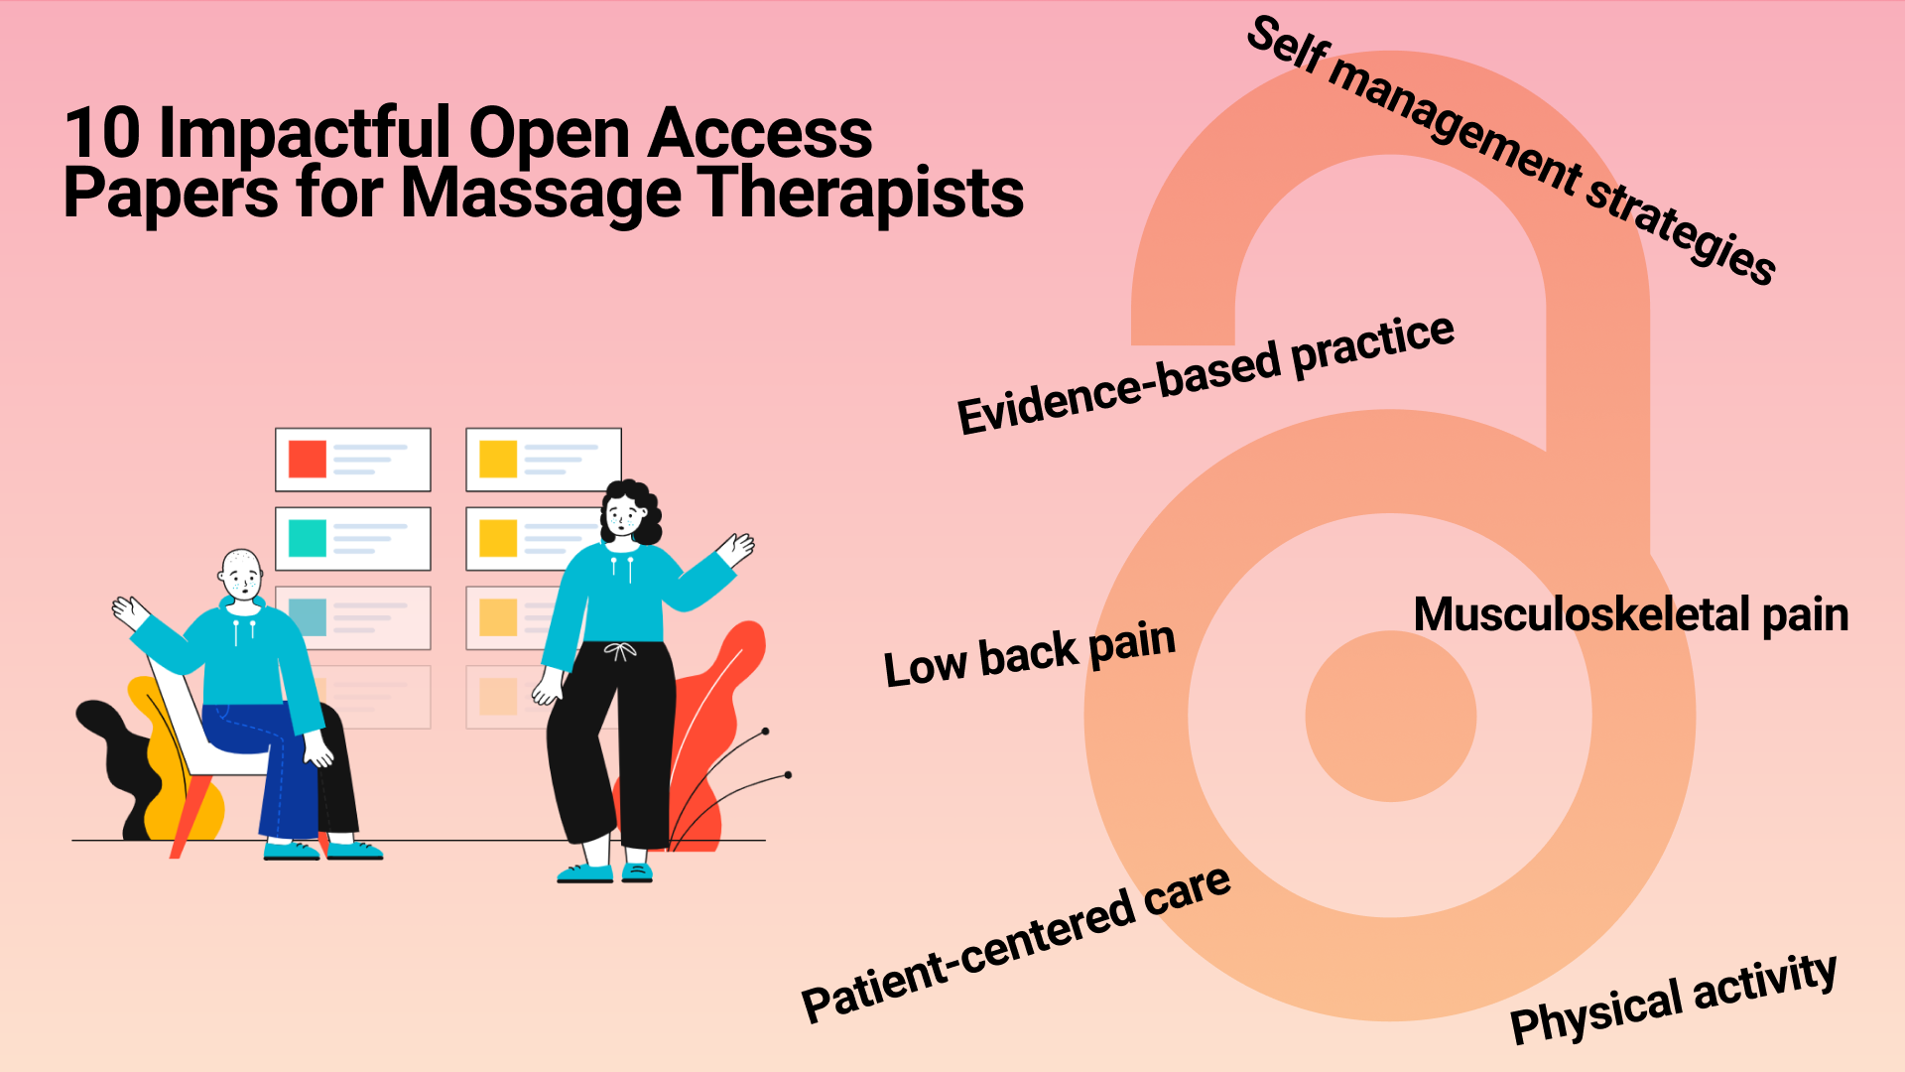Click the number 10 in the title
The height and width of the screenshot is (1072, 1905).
(102, 133)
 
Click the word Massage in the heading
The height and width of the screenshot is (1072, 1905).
(540, 193)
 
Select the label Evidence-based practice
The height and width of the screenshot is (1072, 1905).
(1206, 374)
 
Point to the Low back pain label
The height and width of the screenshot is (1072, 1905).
(1029, 653)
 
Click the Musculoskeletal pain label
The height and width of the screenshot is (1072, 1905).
(1630, 614)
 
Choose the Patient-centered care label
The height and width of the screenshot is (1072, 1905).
(1016, 944)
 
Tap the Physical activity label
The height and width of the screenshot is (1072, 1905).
(1673, 997)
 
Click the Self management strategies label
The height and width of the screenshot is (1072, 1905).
(1511, 149)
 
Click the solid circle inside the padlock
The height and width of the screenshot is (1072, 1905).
(1390, 716)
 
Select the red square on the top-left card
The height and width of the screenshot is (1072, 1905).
(308, 460)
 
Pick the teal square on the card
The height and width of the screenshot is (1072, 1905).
(308, 539)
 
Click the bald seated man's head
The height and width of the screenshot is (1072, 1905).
(241, 573)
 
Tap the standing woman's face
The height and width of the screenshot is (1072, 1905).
(623, 515)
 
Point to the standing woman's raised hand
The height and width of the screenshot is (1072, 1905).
(737, 548)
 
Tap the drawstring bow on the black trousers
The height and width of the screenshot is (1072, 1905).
(620, 652)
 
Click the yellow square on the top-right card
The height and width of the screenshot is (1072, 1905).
(498, 460)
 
